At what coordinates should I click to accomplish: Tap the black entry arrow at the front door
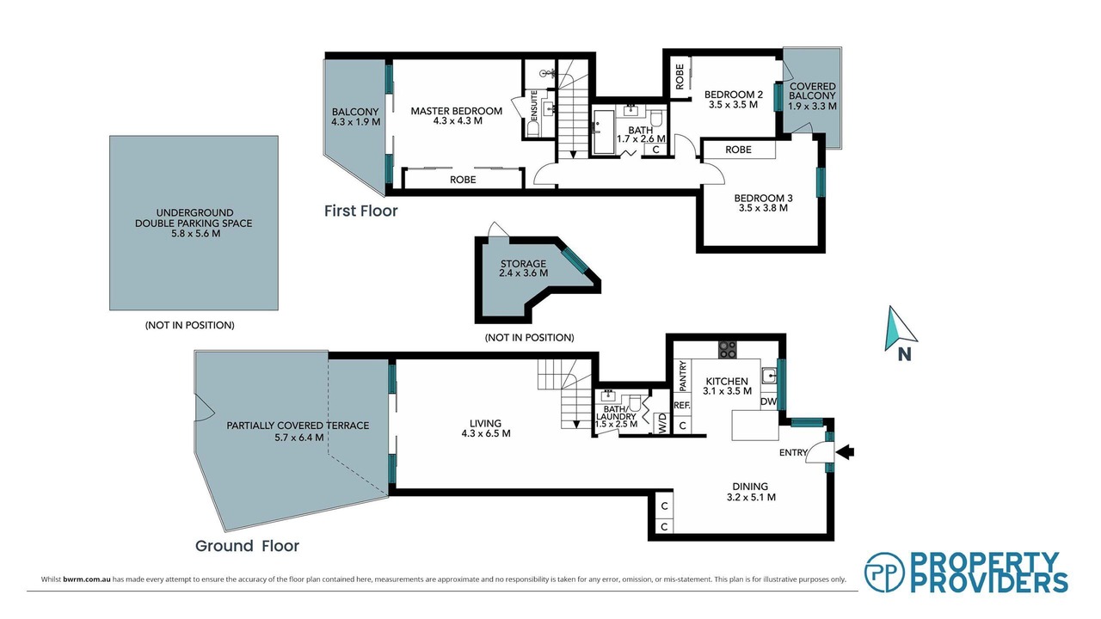[845, 452]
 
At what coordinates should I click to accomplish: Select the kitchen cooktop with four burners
[728, 349]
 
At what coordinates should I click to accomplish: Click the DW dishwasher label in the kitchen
[769, 401]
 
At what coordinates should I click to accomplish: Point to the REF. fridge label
[682, 406]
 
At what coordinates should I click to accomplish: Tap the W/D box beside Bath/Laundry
[662, 422]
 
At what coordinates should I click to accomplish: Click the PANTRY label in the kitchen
[682, 377]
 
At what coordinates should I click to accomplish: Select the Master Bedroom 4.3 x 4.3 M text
[457, 116]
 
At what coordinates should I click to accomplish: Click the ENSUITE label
[534, 105]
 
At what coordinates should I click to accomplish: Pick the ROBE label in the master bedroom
[463, 180]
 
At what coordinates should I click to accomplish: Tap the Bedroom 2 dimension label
[734, 105]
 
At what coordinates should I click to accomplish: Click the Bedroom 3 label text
[763, 199]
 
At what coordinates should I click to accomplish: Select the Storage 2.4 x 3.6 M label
[524, 268]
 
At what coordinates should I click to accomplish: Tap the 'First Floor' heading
[360, 211]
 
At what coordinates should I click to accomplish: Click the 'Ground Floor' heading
[247, 546]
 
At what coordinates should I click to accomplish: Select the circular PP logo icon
[885, 573]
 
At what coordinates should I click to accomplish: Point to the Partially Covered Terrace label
[298, 431]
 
